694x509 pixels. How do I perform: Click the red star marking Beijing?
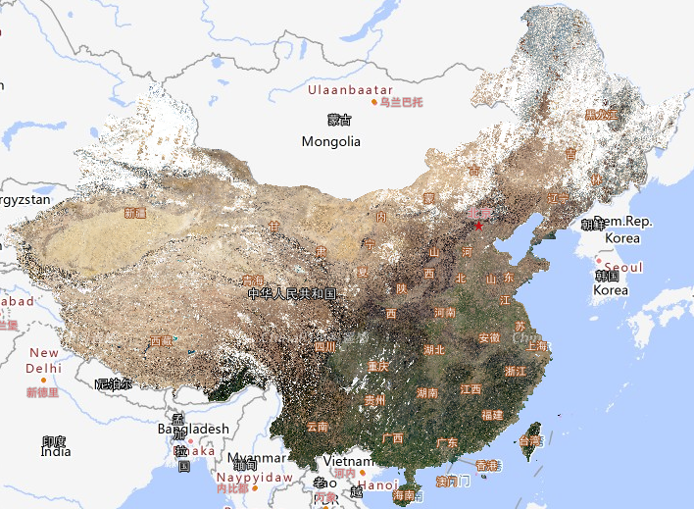pos(478,226)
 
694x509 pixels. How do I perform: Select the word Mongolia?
pos(330,141)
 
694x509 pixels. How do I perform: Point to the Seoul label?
pos(623,267)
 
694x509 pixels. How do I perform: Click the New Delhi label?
pos(43,360)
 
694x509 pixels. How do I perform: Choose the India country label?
pos(56,452)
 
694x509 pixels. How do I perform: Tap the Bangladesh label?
pos(193,429)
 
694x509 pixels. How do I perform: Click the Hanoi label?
pos(377,484)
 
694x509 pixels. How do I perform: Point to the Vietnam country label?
pos(349,461)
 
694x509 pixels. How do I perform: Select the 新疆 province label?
pos(135,212)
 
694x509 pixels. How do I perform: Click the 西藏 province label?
pos(160,341)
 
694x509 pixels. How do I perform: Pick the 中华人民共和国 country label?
pos(292,293)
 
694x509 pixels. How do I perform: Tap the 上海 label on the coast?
pos(535,345)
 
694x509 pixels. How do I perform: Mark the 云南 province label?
pos(318,427)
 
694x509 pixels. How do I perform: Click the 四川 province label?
pos(324,346)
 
